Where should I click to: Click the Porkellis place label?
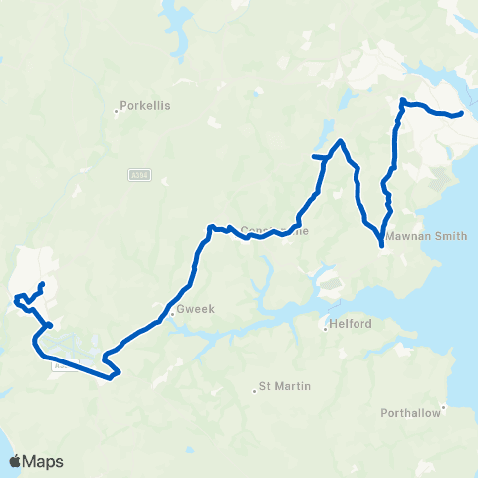click(146, 103)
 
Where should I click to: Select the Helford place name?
click(352, 325)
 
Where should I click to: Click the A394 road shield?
click(139, 175)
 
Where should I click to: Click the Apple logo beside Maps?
click(16, 461)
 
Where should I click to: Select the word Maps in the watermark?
click(44, 461)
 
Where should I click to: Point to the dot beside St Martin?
click(254, 391)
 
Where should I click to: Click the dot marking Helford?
click(324, 325)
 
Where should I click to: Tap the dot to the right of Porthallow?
click(445, 406)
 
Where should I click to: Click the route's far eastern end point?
click(463, 113)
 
